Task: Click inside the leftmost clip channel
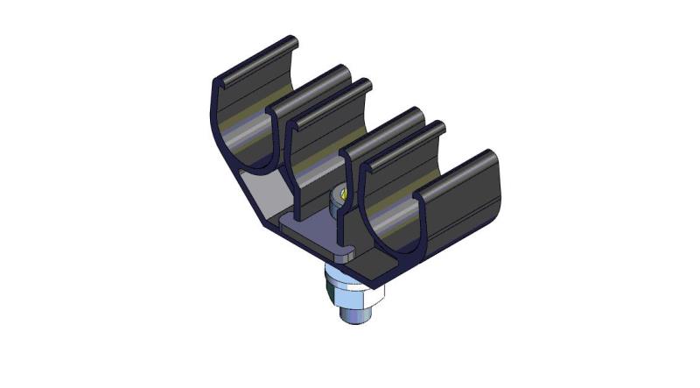[x=254, y=131]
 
